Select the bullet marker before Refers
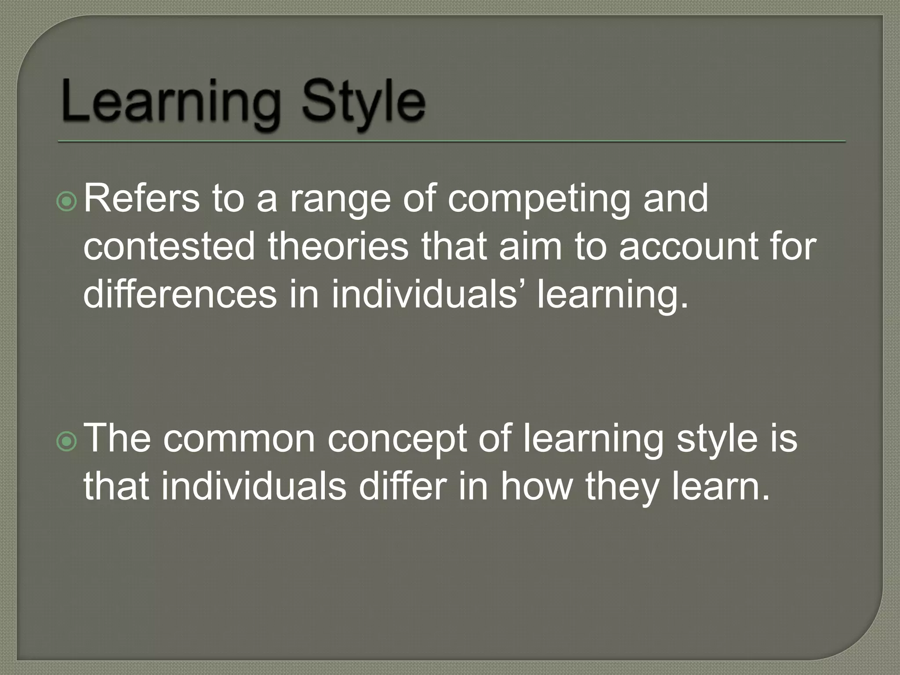tap(67, 202)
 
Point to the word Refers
tap(142, 199)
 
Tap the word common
tap(239, 440)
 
